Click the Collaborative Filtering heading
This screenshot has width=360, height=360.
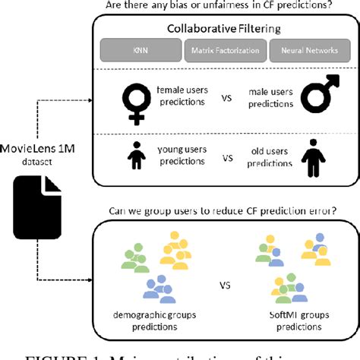pos(224,30)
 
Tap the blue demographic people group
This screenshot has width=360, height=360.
pos(160,288)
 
